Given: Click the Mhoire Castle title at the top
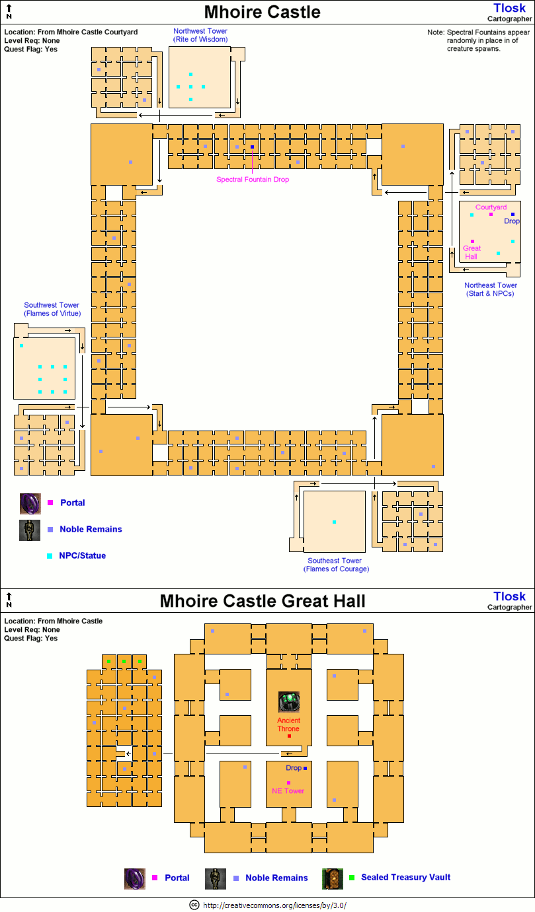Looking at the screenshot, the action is (x=262, y=12).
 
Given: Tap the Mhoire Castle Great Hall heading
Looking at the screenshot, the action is (x=262, y=601).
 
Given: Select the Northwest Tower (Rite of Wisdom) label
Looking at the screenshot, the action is (x=200, y=35).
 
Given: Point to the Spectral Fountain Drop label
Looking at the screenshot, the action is (x=253, y=179).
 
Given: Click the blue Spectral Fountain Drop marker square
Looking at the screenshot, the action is (x=252, y=147).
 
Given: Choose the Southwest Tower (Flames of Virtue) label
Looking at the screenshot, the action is (x=52, y=309).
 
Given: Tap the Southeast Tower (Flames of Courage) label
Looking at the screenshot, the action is (x=336, y=565).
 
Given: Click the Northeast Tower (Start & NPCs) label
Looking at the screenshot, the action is (x=490, y=289).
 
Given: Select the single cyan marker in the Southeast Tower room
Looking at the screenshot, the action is (x=334, y=522).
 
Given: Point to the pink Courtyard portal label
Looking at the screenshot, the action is (x=491, y=207).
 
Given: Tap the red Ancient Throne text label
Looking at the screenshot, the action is (x=288, y=724).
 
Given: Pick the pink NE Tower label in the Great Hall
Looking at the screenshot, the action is (x=288, y=790).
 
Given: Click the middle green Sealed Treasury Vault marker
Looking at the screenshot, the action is (x=124, y=661).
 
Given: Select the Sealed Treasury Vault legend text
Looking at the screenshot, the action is (x=406, y=877).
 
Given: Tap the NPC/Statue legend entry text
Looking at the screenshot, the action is (x=83, y=556).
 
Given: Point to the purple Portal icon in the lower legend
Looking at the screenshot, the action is (x=135, y=878).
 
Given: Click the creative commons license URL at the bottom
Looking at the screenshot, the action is (x=274, y=905).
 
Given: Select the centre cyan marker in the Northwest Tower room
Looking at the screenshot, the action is (x=190, y=87).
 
